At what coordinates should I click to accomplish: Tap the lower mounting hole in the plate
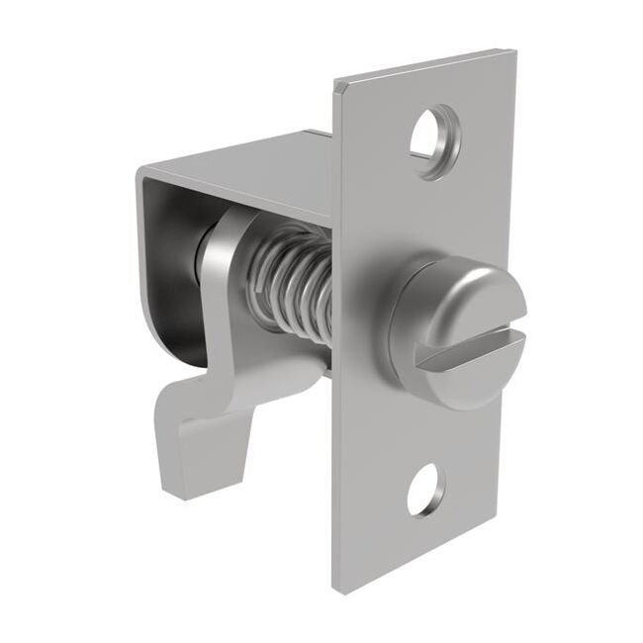(425, 491)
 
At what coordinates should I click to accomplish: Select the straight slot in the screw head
(470, 352)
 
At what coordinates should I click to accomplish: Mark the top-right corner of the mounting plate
(514, 51)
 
